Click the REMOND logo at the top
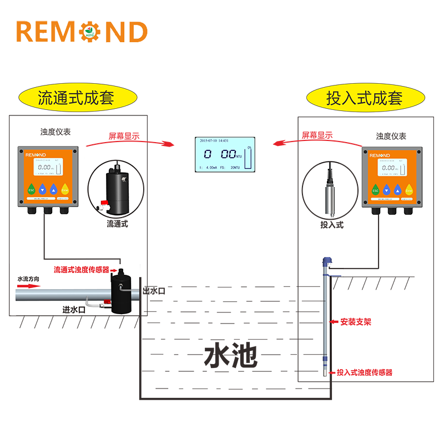[82, 32]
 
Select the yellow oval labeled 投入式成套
[364, 99]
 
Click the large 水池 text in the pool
[231, 355]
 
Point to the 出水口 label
[154, 291]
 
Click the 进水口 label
[74, 310]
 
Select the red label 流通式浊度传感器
[82, 270]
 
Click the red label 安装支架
[356, 321]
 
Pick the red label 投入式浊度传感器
[365, 372]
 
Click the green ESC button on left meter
[32, 189]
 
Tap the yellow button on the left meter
[65, 189]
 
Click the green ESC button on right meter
[375, 190]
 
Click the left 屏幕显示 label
[124, 135]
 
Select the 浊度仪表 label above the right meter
[391, 136]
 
